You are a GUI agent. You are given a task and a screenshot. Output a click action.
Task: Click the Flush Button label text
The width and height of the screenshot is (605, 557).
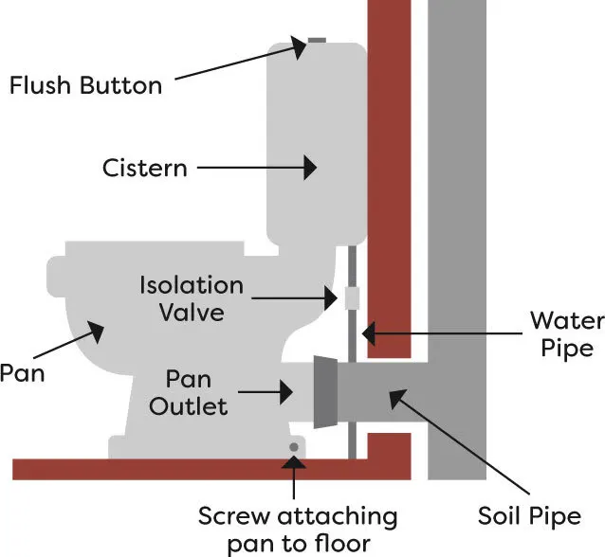click(x=85, y=84)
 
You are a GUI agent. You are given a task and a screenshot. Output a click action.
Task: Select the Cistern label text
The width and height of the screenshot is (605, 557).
click(x=144, y=168)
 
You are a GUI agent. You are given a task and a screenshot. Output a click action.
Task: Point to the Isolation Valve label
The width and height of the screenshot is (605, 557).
click(x=191, y=296)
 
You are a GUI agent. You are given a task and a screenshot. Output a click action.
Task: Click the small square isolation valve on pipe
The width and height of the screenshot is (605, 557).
click(x=352, y=297)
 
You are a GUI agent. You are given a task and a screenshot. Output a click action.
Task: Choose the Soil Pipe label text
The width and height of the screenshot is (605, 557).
click(x=529, y=517)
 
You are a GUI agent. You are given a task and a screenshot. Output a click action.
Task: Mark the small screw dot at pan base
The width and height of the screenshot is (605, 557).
click(x=294, y=447)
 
